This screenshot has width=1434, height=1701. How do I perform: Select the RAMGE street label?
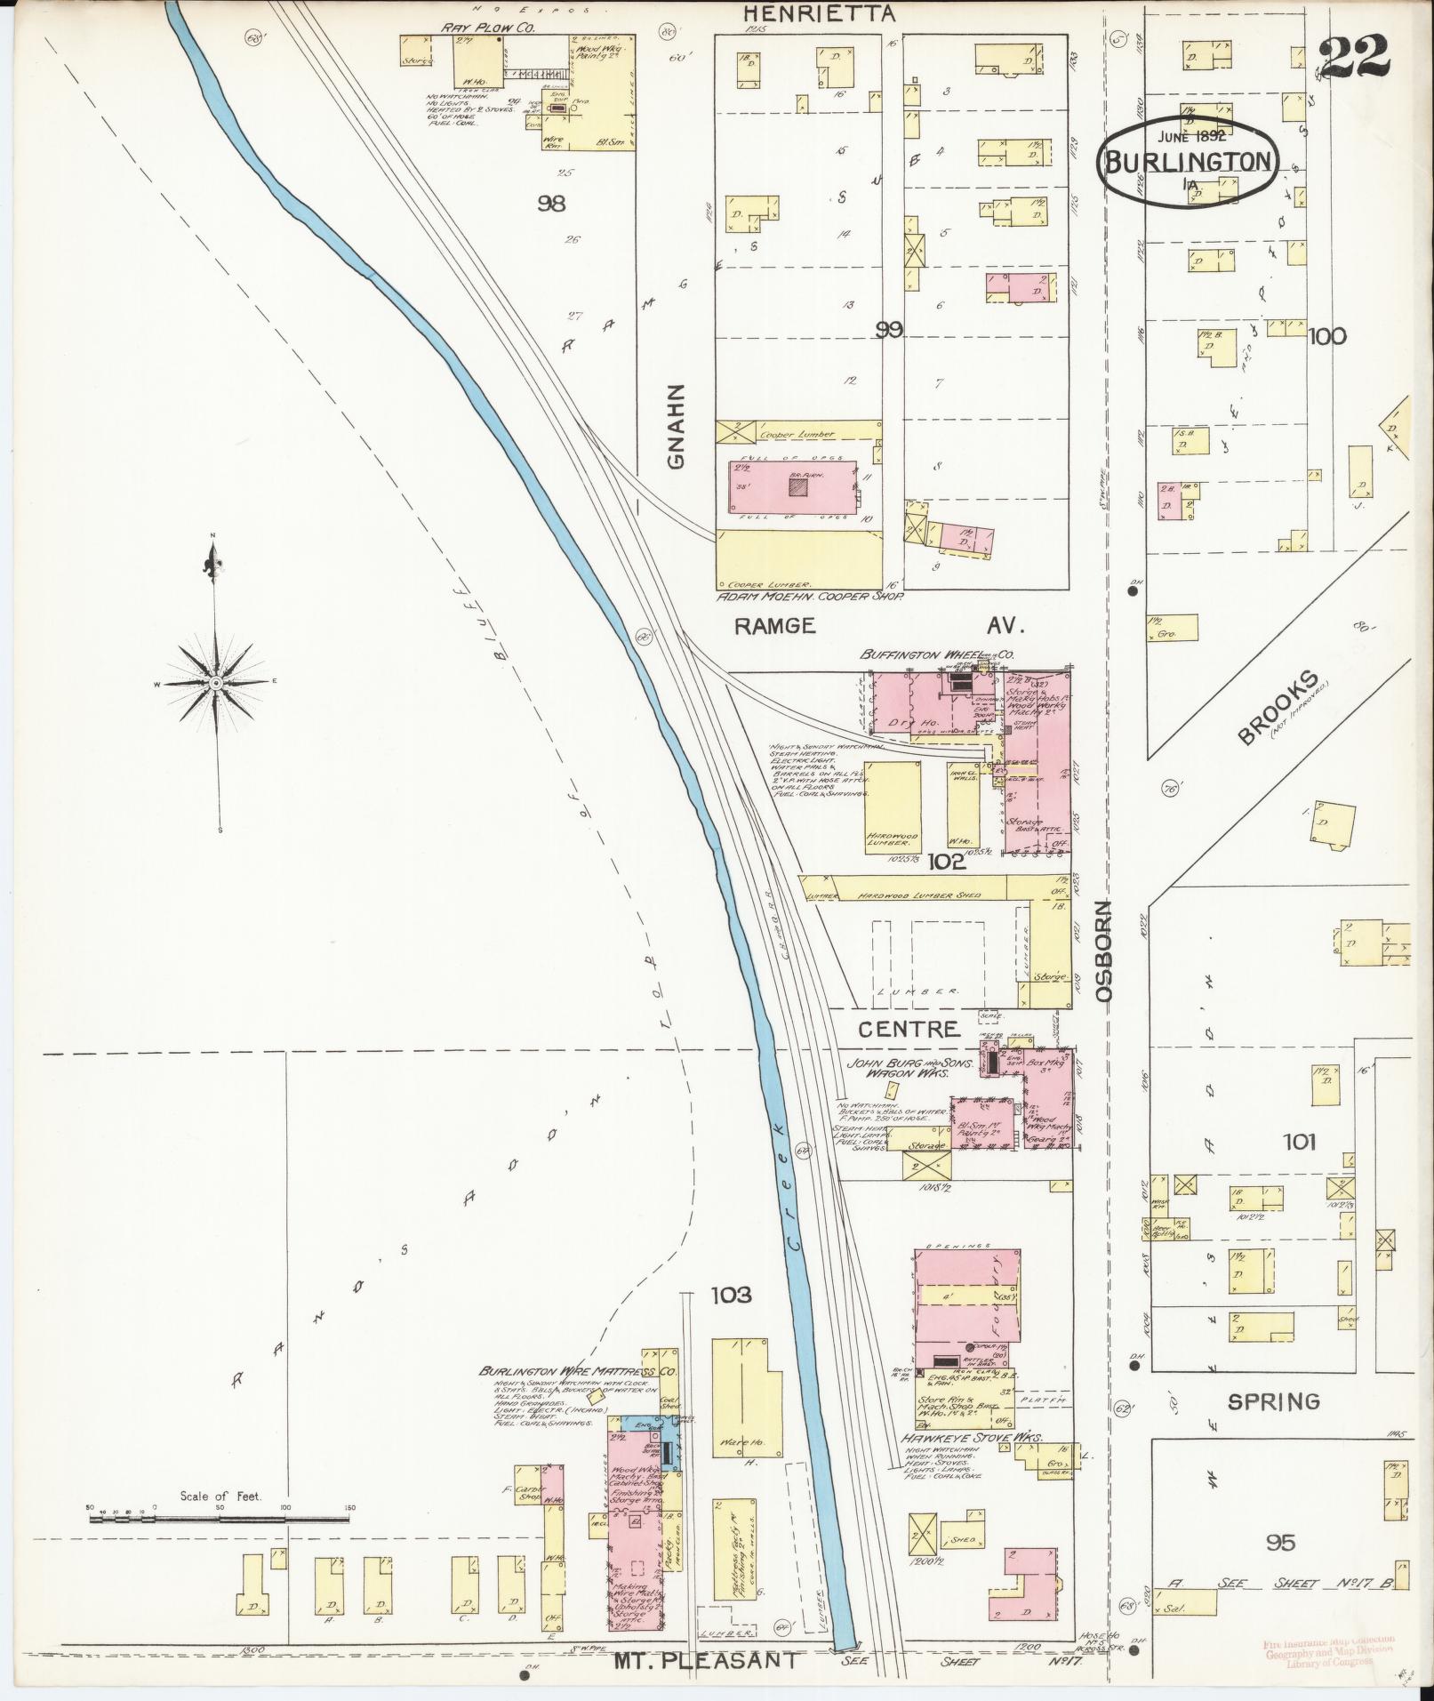click(x=774, y=625)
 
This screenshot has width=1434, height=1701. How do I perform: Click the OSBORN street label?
click(x=1104, y=951)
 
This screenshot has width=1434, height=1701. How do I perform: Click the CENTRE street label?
click(x=909, y=1029)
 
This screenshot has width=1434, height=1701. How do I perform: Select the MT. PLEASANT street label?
click(x=706, y=1659)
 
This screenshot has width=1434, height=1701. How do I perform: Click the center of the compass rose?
click(x=215, y=683)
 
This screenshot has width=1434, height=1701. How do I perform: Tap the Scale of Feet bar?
click(x=219, y=1517)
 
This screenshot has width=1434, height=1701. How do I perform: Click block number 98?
click(x=551, y=204)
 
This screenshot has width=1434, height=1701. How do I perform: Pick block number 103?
click(x=731, y=1295)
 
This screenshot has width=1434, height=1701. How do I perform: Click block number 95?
click(x=1280, y=1542)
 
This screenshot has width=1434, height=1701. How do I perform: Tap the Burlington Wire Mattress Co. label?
click(x=578, y=1396)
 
